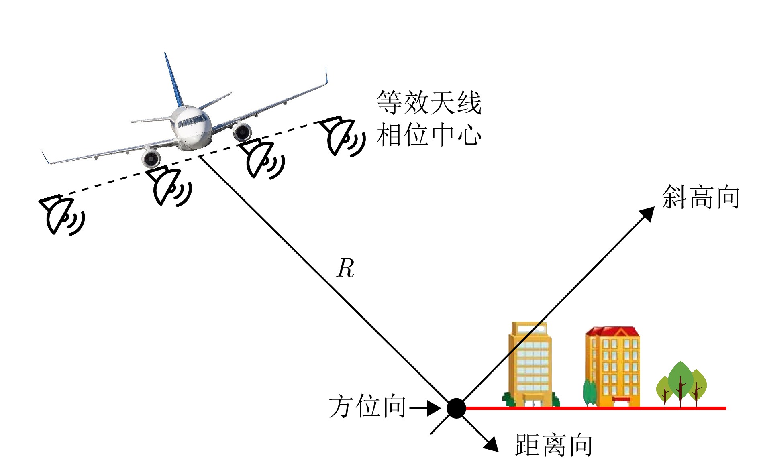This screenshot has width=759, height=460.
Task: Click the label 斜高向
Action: pyautogui.click(x=700, y=197)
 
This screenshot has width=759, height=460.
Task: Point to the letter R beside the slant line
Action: pyautogui.click(x=345, y=268)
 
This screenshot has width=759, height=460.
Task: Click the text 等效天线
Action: pyautogui.click(x=429, y=102)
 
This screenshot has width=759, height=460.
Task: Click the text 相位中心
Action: pyautogui.click(x=429, y=135)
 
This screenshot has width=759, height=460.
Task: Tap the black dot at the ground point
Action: pyautogui.click(x=456, y=408)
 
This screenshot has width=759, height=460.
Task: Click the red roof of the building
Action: pyautogui.click(x=612, y=332)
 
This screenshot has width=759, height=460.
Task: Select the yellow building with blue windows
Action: pyautogui.click(x=530, y=363)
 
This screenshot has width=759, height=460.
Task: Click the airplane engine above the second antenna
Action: pyautogui.click(x=151, y=159)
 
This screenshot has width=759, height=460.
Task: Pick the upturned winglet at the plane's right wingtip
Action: pyautogui.click(x=326, y=76)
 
